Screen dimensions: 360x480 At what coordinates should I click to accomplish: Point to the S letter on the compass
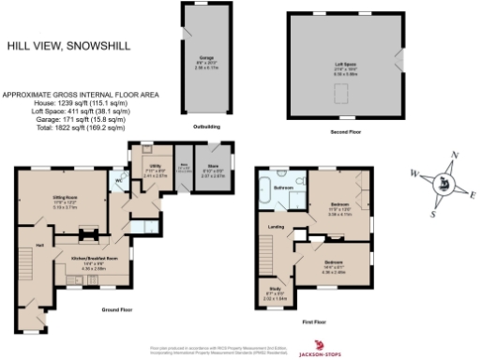[x=432, y=214]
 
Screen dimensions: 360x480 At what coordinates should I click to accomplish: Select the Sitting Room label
[x=63, y=198]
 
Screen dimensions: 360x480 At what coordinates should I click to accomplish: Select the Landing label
[x=276, y=227]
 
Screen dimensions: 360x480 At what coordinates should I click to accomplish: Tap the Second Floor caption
[x=344, y=132]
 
